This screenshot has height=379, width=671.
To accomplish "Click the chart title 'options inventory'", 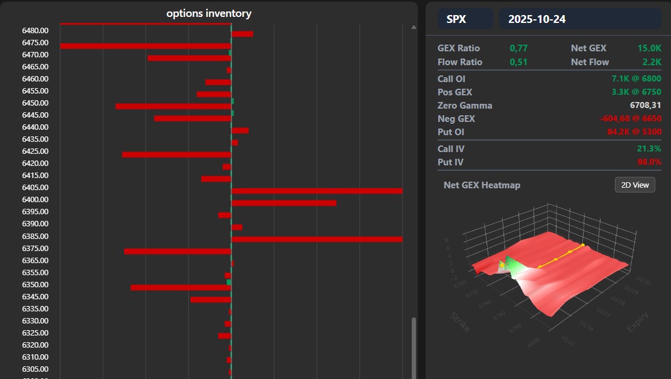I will point(209,13).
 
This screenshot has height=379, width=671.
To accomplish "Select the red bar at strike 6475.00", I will point(145,46).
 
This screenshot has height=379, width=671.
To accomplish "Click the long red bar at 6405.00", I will point(317,191).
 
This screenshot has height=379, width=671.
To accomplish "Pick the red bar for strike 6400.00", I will point(283,203).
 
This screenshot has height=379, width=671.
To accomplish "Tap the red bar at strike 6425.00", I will point(176,154).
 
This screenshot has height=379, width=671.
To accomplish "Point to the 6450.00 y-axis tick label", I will point(35,103).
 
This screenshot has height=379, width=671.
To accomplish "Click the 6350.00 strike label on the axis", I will point(35,285).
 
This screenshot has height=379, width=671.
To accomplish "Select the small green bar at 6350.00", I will point(229,282).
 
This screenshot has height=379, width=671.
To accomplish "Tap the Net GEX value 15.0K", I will point(649,48).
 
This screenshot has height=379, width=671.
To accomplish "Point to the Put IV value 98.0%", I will point(649,162).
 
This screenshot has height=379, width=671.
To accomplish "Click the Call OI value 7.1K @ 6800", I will point(636,79).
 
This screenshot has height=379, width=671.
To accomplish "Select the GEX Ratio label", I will point(459,48).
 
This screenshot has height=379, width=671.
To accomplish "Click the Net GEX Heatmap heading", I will point(482,185).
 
